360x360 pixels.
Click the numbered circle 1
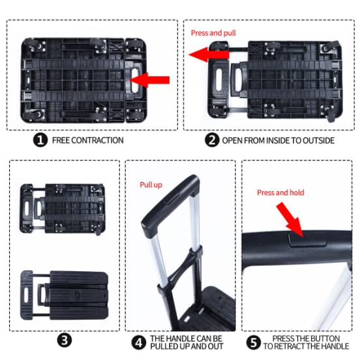click(x=40, y=140)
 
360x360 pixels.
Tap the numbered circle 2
click(x=212, y=140)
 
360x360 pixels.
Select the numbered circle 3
click(x=65, y=340)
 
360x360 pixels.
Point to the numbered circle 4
click(x=139, y=342)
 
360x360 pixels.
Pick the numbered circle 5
click(x=254, y=342)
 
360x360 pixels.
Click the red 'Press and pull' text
click(x=213, y=33)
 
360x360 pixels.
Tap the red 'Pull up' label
click(x=151, y=185)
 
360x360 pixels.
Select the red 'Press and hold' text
click(x=280, y=192)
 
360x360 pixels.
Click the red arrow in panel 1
click(x=149, y=80)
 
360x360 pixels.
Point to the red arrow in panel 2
click(x=209, y=55)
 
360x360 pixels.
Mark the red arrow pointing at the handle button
click(x=290, y=220)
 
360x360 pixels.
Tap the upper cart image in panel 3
click(x=63, y=209)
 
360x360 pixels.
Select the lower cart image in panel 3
click(x=65, y=295)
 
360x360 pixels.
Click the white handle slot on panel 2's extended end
click(x=219, y=80)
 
